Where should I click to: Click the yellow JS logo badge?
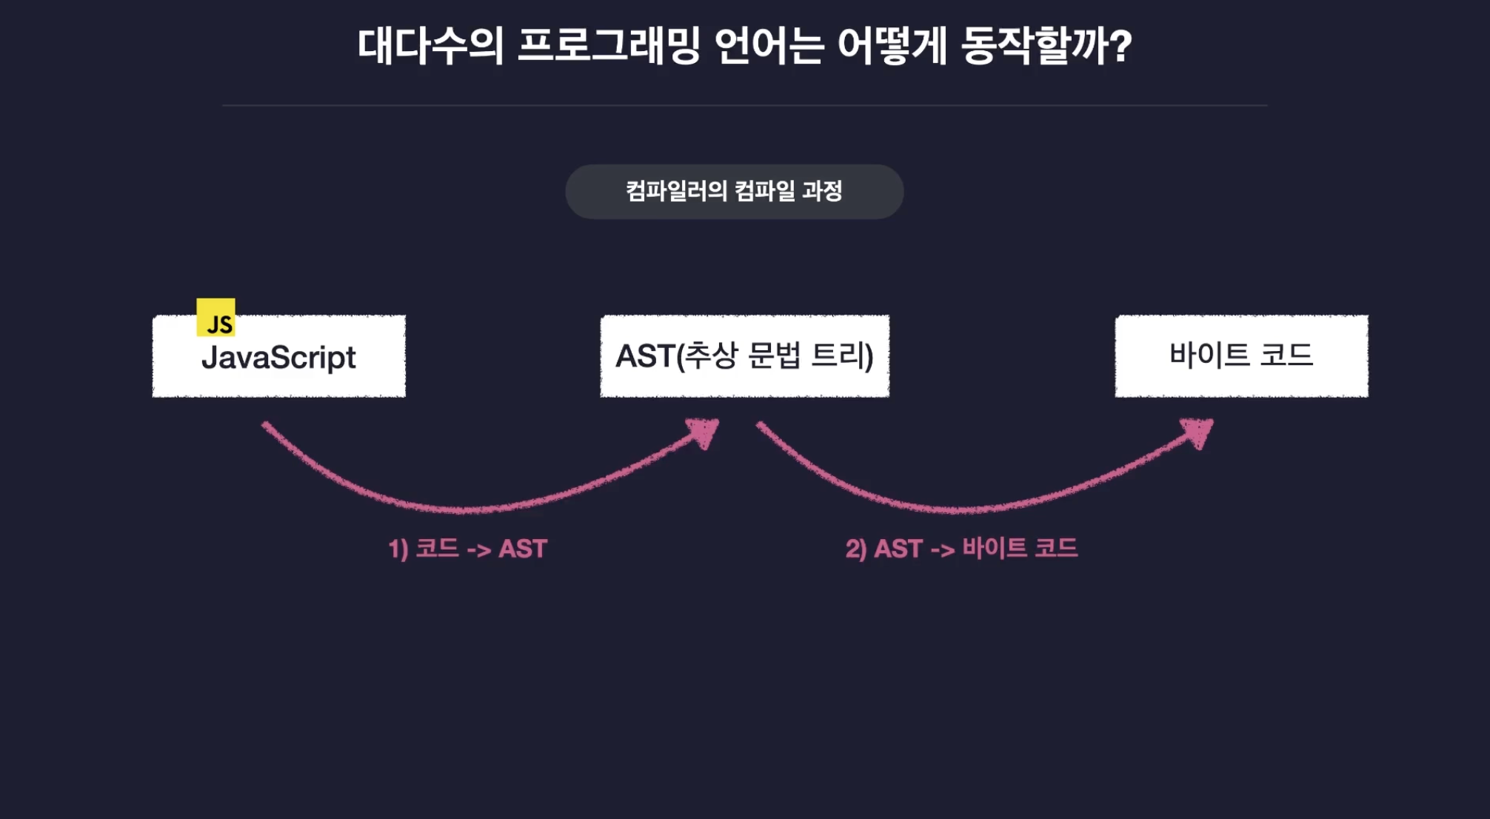[216, 318]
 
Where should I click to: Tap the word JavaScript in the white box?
[278, 358]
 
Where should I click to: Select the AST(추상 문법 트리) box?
[744, 356]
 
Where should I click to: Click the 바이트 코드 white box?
[1241, 356]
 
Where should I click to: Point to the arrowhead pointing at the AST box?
[704, 432]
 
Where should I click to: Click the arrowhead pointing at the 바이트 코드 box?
[1197, 432]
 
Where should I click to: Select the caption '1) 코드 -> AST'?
[468, 549]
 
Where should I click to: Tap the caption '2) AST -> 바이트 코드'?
[961, 549]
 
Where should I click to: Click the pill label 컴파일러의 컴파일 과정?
[734, 192]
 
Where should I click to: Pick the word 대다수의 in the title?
[430, 46]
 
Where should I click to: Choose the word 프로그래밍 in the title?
[608, 46]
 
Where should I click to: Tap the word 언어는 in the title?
[769, 46]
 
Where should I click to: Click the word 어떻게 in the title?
[892, 46]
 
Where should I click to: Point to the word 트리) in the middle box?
[843, 355]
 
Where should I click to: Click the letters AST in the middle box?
[645, 356]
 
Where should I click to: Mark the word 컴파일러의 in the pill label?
[676, 191]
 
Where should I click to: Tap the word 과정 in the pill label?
[823, 191]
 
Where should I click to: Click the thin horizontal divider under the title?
[744, 105]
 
